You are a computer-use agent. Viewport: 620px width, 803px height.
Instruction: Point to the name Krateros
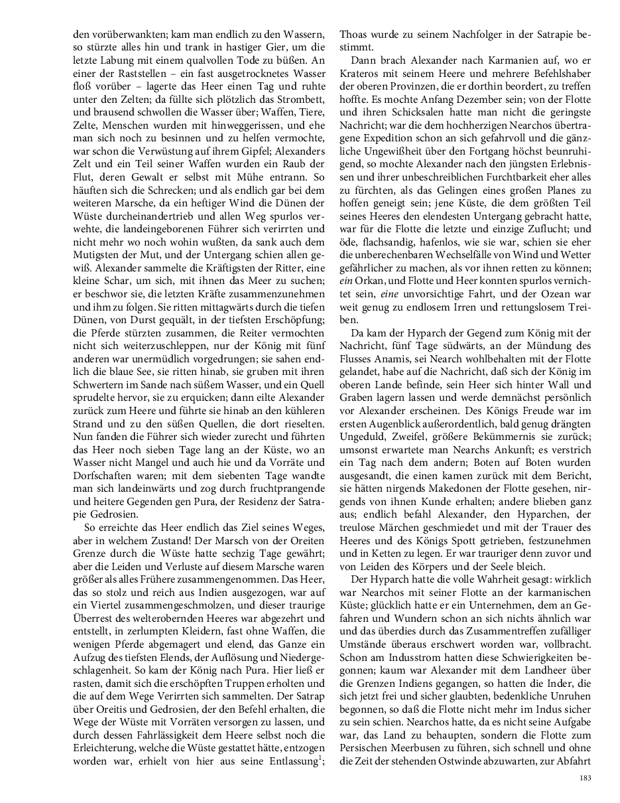(x=362, y=74)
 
